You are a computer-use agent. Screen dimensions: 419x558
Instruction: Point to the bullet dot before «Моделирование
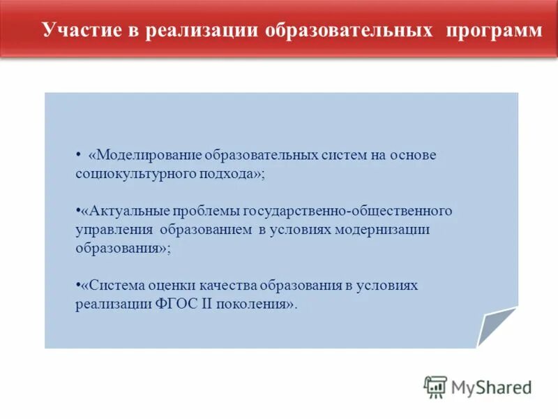click(x=78, y=154)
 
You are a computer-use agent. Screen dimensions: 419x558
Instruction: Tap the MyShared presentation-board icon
click(x=435, y=386)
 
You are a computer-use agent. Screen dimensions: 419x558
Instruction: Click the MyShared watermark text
click(x=491, y=387)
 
